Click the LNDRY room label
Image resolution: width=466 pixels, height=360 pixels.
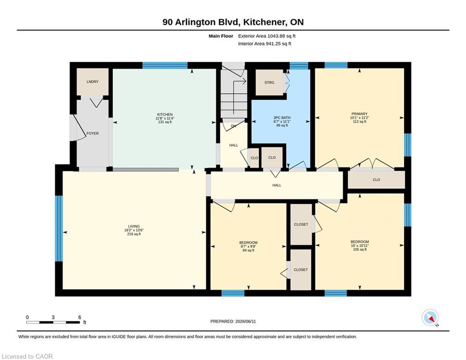(x=92, y=82)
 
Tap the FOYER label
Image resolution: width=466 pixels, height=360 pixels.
(x=92, y=134)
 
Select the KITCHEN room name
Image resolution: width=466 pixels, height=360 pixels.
(x=165, y=114)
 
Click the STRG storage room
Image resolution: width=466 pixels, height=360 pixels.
(x=269, y=82)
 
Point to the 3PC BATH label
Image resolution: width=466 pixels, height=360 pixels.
(x=282, y=118)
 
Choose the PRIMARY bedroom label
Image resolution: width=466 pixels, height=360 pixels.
(x=360, y=114)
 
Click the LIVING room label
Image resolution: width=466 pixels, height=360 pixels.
(x=134, y=226)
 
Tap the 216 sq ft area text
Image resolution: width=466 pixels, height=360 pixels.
(x=134, y=234)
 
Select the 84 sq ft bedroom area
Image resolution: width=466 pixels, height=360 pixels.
(x=248, y=250)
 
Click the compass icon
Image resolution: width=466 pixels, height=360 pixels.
(x=430, y=318)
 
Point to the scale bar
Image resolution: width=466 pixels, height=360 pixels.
(x=53, y=322)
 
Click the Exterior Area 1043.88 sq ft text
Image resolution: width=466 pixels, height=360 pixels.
(x=266, y=36)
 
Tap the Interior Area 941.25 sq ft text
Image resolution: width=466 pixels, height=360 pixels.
(x=265, y=44)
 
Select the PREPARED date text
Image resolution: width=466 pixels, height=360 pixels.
(x=233, y=321)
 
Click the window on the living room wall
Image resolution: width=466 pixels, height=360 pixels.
(x=59, y=228)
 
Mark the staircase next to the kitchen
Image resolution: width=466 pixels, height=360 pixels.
(x=234, y=94)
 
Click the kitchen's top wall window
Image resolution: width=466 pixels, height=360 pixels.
(x=165, y=66)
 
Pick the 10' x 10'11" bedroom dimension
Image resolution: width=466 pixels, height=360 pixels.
(x=360, y=246)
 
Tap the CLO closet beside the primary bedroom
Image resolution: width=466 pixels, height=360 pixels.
(x=376, y=180)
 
